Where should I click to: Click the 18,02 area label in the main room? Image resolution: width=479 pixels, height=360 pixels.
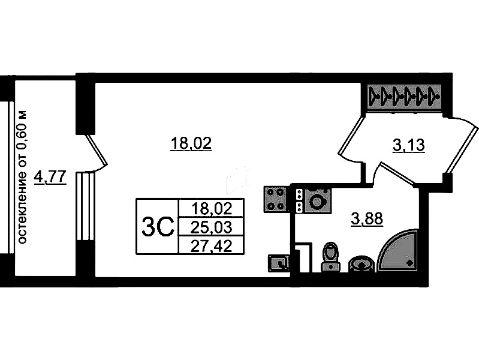click(191, 143)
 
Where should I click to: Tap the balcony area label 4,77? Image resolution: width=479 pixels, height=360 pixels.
click(50, 177)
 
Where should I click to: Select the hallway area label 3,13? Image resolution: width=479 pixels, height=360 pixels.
click(408, 146)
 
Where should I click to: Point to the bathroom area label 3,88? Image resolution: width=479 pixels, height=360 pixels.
click(367, 219)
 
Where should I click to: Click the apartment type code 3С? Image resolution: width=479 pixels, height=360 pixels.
click(157, 227)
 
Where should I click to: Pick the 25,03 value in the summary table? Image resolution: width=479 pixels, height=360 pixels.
click(211, 227)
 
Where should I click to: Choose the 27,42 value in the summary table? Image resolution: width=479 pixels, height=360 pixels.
click(211, 246)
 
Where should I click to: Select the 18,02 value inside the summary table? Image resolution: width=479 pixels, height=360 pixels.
click(212, 209)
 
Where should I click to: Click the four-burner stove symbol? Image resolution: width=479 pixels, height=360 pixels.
click(276, 199)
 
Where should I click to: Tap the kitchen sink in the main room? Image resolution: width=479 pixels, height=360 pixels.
click(278, 263)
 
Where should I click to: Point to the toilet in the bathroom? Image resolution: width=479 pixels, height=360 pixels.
click(331, 257)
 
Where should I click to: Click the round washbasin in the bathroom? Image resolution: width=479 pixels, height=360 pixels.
click(361, 264)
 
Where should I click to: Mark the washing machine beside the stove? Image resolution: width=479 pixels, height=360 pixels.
click(314, 200)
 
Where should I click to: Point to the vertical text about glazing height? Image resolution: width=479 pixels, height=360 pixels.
click(22, 177)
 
